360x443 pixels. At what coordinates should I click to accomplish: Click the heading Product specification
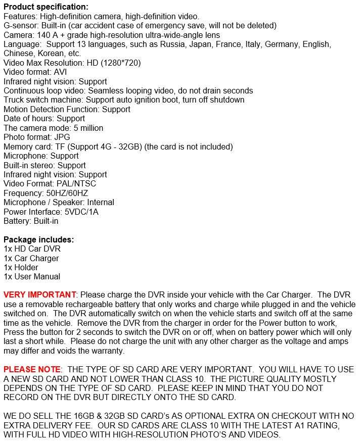coord(46,7)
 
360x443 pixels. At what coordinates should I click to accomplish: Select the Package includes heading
coord(38,239)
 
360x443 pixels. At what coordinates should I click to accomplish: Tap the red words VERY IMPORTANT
coord(39,294)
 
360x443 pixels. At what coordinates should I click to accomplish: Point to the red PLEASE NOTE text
coord(32,369)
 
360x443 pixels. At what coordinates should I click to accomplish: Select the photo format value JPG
coord(61,137)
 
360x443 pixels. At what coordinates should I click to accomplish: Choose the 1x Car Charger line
coord(31,258)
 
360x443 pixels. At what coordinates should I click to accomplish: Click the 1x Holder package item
coord(21,267)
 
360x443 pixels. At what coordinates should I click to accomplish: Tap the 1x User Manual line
coord(32,276)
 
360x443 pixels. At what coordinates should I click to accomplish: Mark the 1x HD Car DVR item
coord(32,249)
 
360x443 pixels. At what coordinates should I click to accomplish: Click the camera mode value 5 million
coord(85,128)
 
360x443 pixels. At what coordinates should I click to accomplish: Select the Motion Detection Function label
coord(52,109)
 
